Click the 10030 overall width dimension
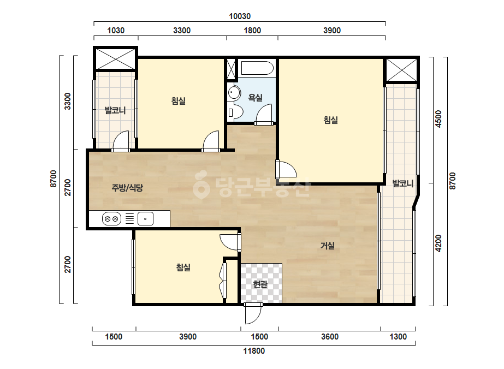pos(240,16)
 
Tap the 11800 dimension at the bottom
pos(254,350)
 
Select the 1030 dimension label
pos(116,30)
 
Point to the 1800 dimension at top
pos(252,30)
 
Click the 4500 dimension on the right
pos(438,119)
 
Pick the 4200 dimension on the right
pos(438,243)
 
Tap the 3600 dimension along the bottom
pos(330,337)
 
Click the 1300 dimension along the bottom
pos(398,337)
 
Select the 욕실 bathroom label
pos(256,97)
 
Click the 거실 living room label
pos(328,246)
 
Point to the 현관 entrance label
pos(260,284)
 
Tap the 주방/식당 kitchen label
pos(127,188)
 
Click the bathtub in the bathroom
pos(257,68)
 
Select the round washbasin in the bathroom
pos(234,93)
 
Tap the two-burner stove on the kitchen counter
pos(111,219)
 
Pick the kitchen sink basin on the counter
pos(145,219)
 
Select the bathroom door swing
pos(264,114)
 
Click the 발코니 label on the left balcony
pos(115,111)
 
